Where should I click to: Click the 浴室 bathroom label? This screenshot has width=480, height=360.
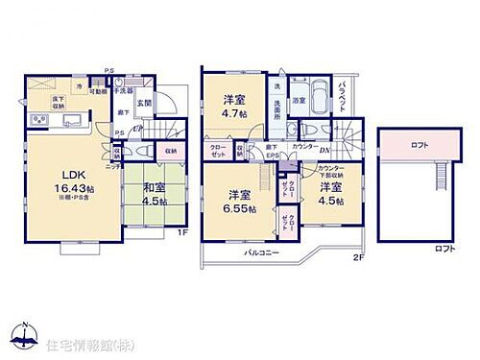(300, 100)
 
